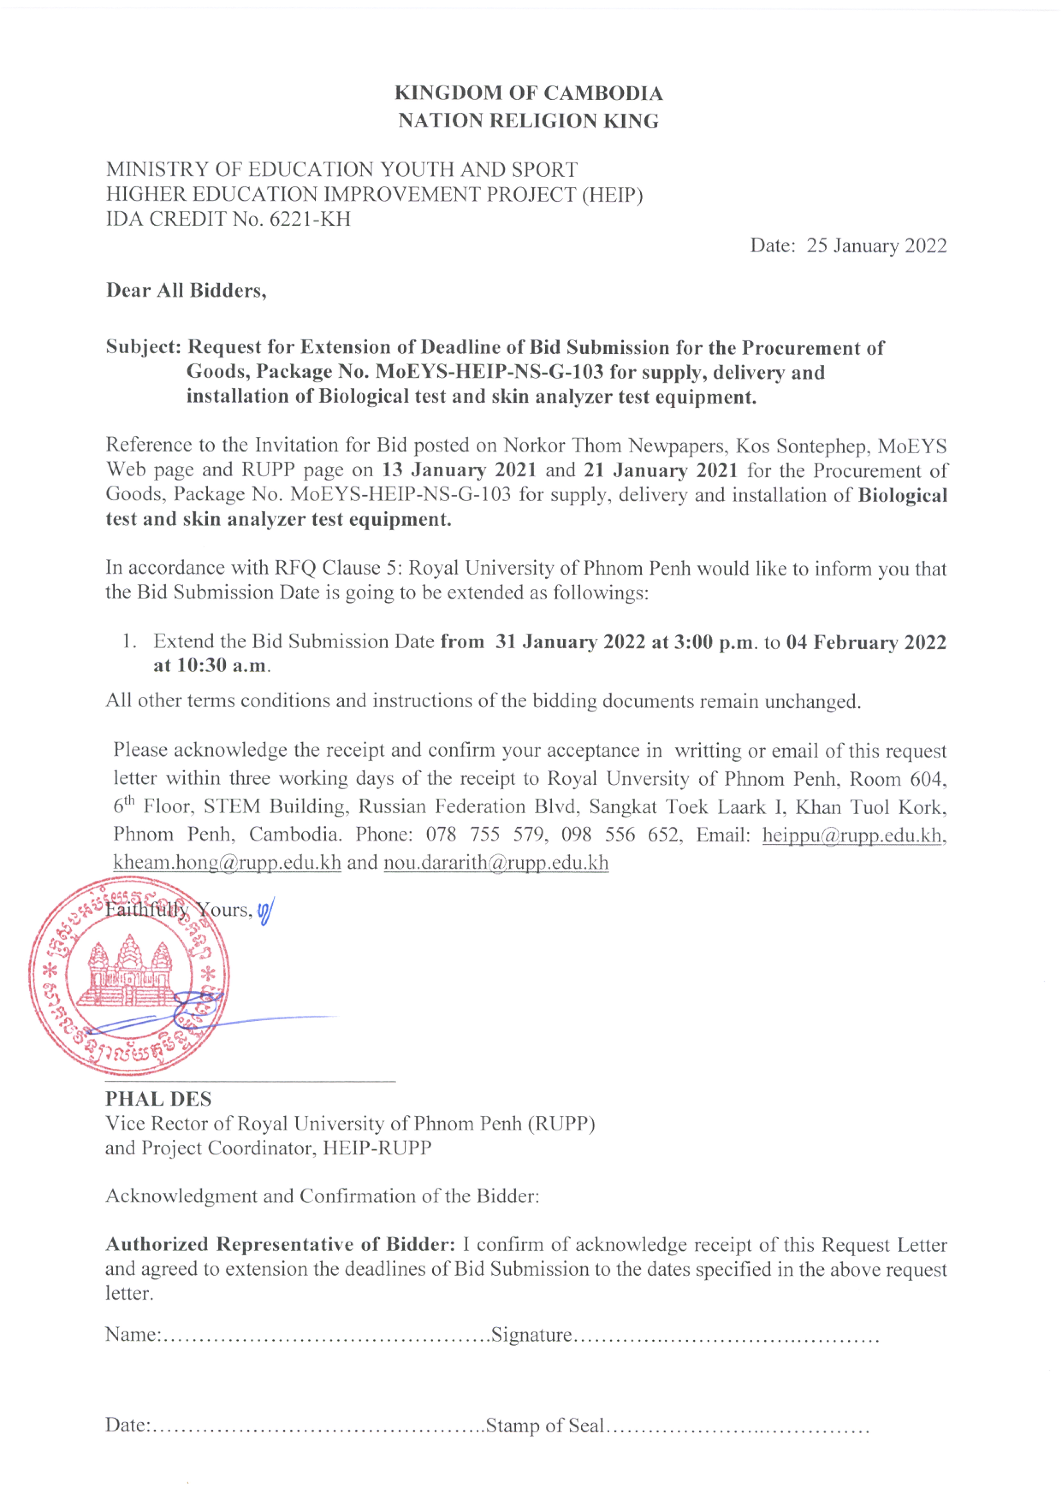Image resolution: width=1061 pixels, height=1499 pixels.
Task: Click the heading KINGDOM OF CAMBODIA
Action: [x=528, y=93]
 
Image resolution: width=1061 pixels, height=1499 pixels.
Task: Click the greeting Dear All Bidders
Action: [x=186, y=291]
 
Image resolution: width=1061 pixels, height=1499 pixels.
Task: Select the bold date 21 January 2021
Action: [x=661, y=470]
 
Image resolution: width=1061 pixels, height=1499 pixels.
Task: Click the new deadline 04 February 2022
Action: [x=866, y=642]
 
